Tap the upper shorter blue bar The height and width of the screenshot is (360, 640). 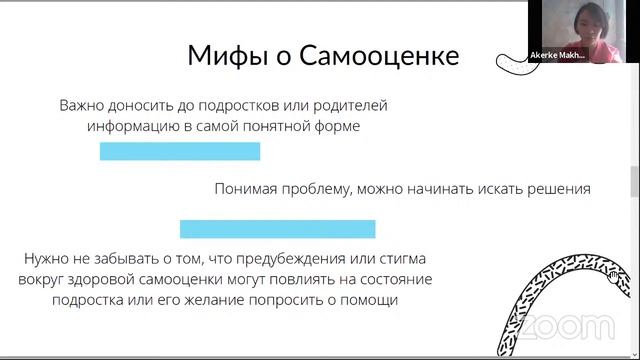pos(179,151)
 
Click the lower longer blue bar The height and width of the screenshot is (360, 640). pos(277,228)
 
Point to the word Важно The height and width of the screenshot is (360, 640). pos(85,105)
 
